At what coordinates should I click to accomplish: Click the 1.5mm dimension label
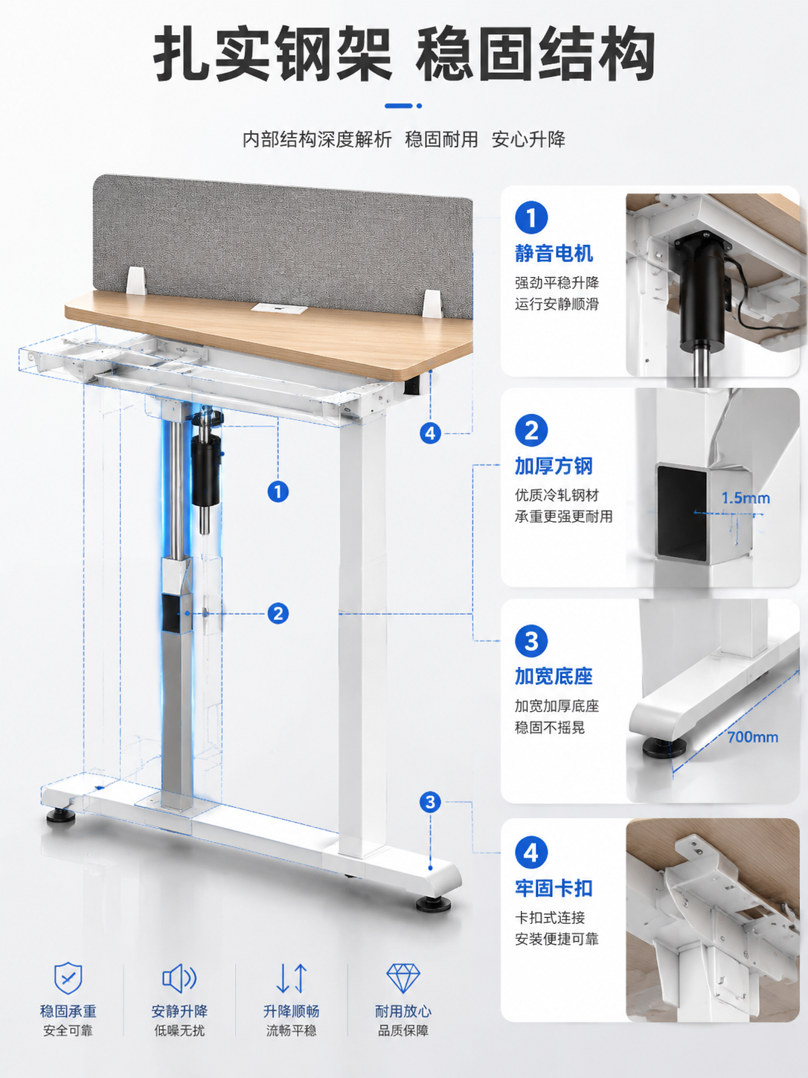coord(746,498)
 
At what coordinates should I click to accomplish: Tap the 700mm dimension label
coord(752,737)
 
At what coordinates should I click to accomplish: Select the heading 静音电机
coord(554,253)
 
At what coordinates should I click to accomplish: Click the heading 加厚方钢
coord(554,466)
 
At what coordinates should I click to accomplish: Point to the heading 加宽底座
coord(554,676)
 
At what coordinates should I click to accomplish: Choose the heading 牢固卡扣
coord(554,888)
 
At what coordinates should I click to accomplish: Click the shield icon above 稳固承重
coord(68,977)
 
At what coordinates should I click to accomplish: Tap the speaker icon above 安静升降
coord(179,977)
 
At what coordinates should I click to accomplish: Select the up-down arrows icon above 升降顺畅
coord(292,977)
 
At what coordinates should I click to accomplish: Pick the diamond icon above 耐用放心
coord(403,977)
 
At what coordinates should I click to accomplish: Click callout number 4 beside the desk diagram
coord(430,433)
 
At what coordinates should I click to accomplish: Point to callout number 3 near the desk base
coord(430,802)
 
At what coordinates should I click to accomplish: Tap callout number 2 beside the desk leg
coord(278,613)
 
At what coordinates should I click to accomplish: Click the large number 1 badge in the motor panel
coord(531,217)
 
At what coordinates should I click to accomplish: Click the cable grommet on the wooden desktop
coord(279,309)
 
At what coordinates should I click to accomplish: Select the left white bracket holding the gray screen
coord(136,281)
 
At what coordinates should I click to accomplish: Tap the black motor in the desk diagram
coord(205,471)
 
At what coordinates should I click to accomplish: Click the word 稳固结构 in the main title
coord(536,54)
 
